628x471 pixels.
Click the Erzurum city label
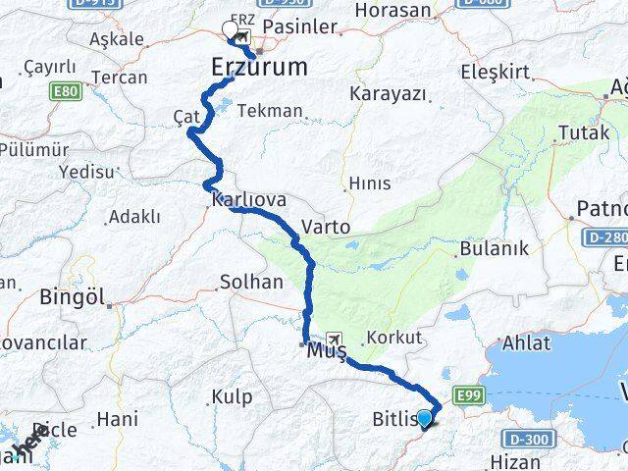(x=260, y=68)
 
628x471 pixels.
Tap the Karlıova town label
(x=248, y=199)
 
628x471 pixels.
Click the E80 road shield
(x=67, y=90)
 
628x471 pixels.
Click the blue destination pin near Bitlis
(x=425, y=419)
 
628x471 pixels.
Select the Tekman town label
(x=270, y=111)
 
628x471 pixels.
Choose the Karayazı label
(x=386, y=94)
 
